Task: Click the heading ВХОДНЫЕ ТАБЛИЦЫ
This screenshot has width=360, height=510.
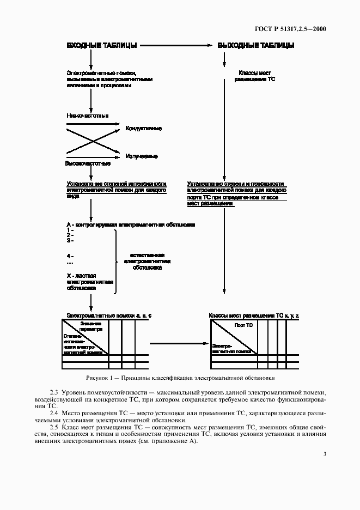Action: (x=101, y=45)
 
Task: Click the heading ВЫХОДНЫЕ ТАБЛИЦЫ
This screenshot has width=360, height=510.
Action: (x=256, y=45)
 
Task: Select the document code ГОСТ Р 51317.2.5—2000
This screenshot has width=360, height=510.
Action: (x=294, y=28)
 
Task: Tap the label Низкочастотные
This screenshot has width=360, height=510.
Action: (x=87, y=116)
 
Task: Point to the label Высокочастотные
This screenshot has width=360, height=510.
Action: (x=88, y=163)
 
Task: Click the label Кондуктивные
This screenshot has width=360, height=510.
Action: (x=143, y=129)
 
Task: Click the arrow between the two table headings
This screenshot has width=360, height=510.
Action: (x=177, y=45)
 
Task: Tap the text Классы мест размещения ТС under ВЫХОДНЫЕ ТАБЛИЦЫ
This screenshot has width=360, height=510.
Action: (x=255, y=76)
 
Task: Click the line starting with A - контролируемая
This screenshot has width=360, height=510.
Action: (x=131, y=224)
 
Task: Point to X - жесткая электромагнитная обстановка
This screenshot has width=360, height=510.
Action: (x=90, y=282)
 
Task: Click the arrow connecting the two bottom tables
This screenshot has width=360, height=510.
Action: (x=180, y=344)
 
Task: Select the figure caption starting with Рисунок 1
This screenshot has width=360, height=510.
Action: (x=180, y=377)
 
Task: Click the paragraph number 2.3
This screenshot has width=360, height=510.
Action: (x=53, y=392)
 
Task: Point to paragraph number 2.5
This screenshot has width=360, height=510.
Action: (x=53, y=427)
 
